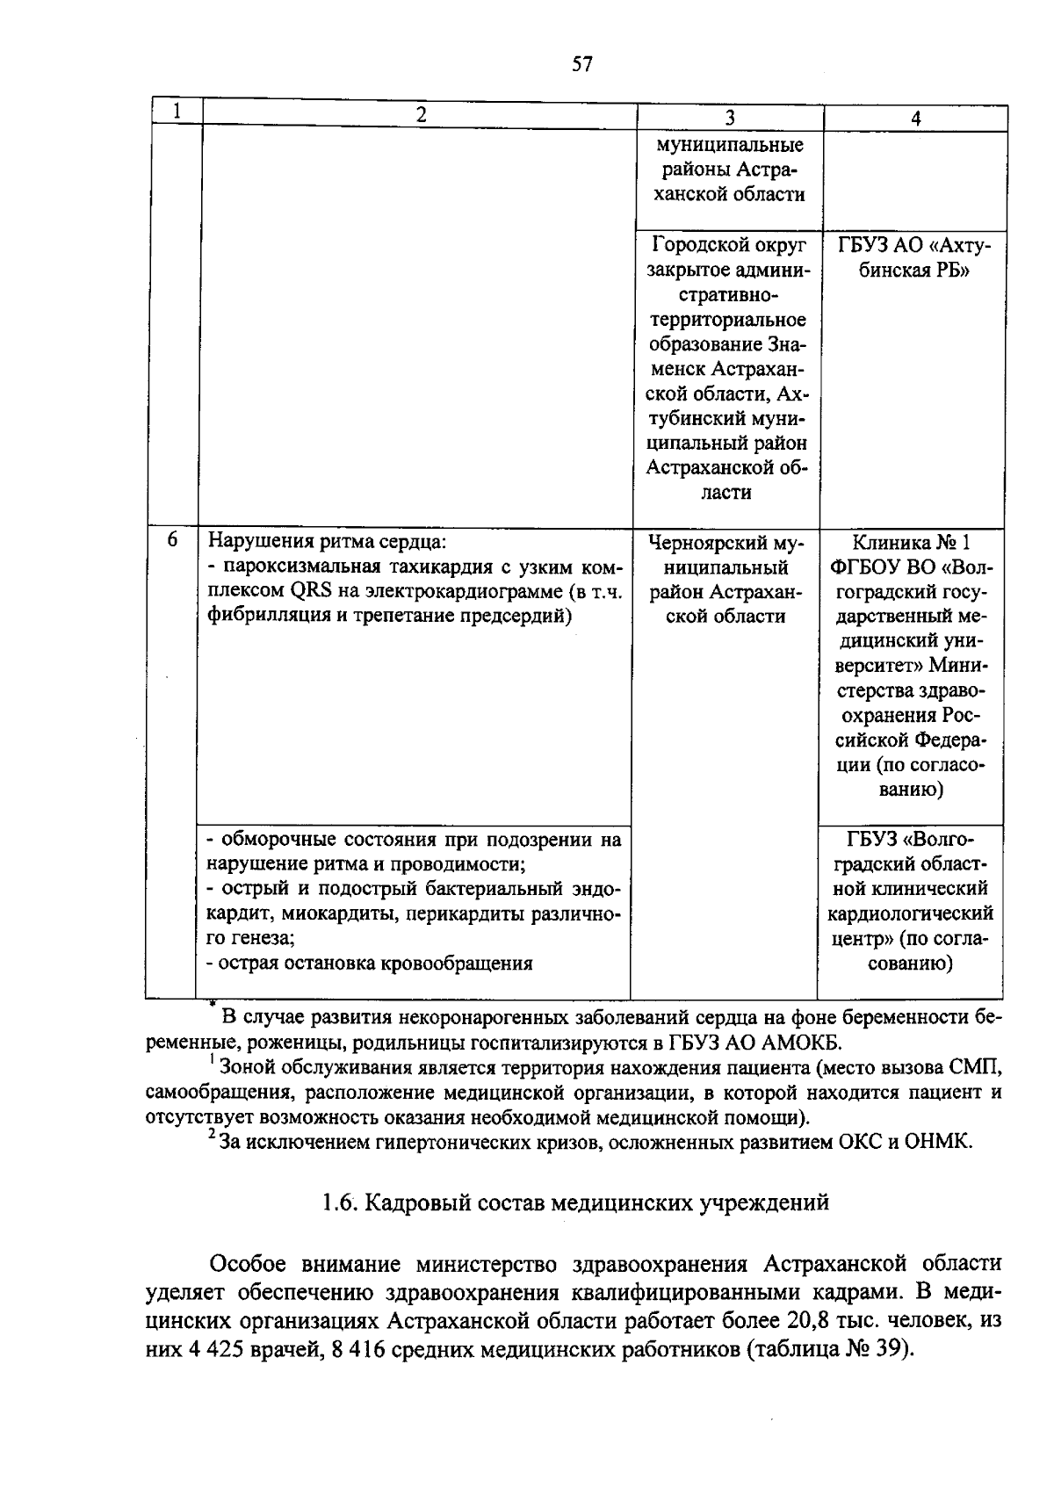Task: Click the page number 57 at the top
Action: (x=582, y=64)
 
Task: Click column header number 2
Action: (x=422, y=114)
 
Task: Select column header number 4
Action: (x=915, y=119)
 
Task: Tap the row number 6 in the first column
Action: (x=172, y=540)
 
